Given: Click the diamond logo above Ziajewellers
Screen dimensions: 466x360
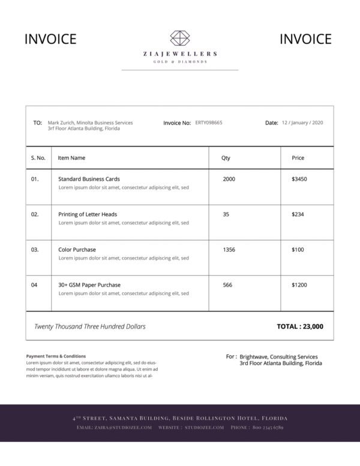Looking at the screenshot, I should pyautogui.click(x=180, y=38).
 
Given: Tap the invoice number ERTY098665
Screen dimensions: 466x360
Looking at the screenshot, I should pyautogui.click(x=209, y=123).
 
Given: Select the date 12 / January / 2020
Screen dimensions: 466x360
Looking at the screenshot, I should pyautogui.click(x=302, y=123).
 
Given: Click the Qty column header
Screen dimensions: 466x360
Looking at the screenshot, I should pyautogui.click(x=226, y=158).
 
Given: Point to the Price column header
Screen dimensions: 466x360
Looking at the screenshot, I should pyautogui.click(x=298, y=158).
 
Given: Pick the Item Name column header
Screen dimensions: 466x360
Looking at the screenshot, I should pyautogui.click(x=71, y=158).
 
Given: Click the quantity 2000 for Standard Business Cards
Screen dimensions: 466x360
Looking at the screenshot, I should pyautogui.click(x=229, y=179).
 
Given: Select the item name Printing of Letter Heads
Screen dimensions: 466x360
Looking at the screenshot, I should pyautogui.click(x=88, y=214).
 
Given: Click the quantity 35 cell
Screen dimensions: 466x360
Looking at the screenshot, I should pyautogui.click(x=226, y=214).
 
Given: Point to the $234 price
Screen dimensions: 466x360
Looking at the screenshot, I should pyautogui.click(x=298, y=214).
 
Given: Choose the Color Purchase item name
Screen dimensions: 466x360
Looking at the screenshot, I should pyautogui.click(x=77, y=249).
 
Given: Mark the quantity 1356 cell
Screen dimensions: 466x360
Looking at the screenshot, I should pyautogui.click(x=229, y=249).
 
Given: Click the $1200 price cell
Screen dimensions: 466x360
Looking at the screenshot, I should pyautogui.click(x=299, y=285).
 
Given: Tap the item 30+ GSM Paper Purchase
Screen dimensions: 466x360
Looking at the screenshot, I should pyautogui.click(x=89, y=285).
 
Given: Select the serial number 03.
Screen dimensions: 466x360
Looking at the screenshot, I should pyautogui.click(x=35, y=249).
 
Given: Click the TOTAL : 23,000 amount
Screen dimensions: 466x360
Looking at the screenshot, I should pyautogui.click(x=300, y=327).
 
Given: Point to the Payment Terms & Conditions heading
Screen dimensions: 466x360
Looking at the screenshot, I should pyautogui.click(x=56, y=356).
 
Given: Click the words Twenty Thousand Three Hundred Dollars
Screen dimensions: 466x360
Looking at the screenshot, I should pyautogui.click(x=90, y=327).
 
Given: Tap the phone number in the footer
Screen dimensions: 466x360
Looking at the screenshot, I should pyautogui.click(x=268, y=428).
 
